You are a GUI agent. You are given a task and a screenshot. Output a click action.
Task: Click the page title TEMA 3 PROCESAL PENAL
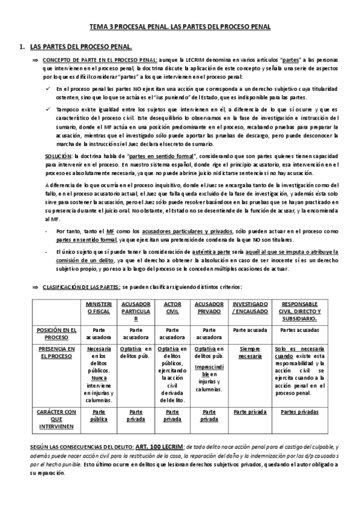180,27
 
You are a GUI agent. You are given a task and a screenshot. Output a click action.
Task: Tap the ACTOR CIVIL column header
172,307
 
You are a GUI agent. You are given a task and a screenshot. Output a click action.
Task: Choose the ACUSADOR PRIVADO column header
209,307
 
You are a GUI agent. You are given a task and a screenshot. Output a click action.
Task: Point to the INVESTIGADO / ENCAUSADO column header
250,307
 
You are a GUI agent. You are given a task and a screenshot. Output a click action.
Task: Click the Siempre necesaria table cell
250,352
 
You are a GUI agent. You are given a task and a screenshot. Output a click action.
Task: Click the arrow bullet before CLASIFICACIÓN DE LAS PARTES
35,288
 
